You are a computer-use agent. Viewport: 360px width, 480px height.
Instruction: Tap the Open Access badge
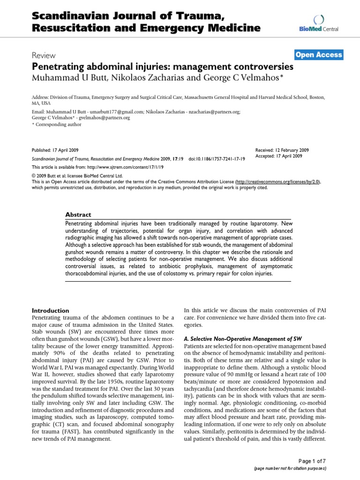tap(319, 55)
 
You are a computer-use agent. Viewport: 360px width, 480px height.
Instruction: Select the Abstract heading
tap(79, 214)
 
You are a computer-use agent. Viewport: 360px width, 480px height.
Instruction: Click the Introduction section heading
tap(50, 310)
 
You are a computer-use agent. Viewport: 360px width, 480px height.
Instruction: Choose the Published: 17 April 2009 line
tap(55, 150)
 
